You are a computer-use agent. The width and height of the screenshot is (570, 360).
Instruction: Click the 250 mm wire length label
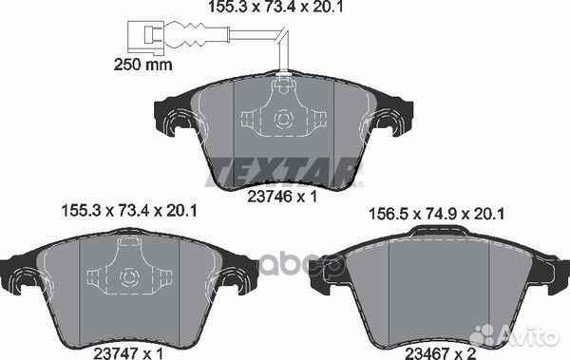point(142,65)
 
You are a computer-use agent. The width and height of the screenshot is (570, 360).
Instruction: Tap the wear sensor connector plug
point(146,34)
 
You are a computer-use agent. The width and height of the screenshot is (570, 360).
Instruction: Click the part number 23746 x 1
point(282,197)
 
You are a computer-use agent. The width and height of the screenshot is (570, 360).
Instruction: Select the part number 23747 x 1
point(128,353)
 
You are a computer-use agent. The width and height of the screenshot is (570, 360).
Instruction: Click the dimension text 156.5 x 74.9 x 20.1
point(436,214)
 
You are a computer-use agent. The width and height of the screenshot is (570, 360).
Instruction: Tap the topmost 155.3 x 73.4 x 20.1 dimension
point(275,7)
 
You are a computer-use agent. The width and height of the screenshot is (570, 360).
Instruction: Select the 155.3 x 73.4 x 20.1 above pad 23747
point(129,211)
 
